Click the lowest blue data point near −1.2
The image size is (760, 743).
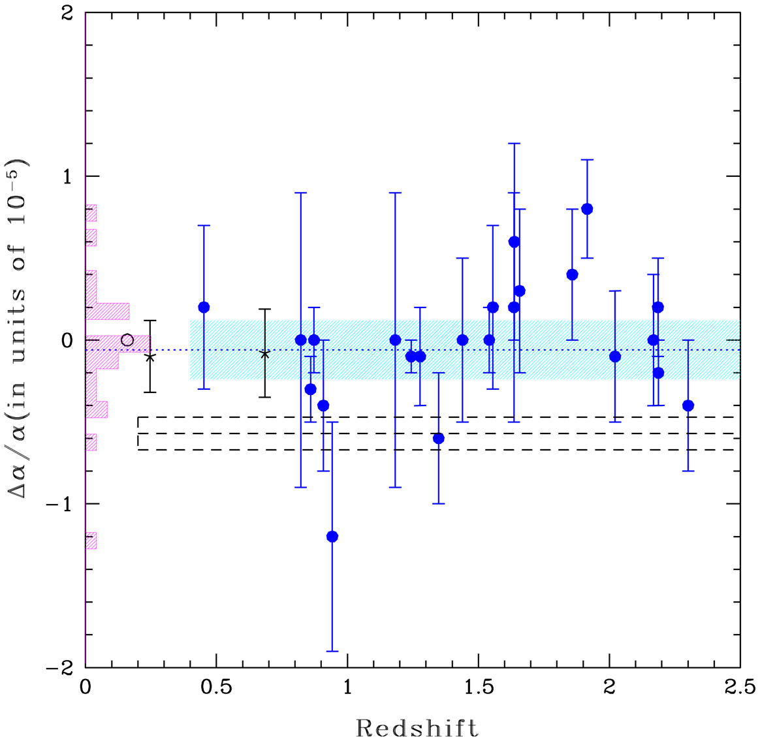(x=332, y=537)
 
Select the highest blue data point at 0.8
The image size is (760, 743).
(x=587, y=209)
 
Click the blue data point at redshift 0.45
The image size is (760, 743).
(x=204, y=307)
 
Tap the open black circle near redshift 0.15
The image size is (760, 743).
(x=127, y=340)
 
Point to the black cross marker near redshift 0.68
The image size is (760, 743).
(x=265, y=353)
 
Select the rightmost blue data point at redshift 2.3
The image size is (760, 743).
(x=688, y=405)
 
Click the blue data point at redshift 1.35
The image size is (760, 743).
(x=439, y=438)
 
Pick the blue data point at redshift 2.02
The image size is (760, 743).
(x=614, y=356)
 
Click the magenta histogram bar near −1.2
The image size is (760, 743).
(x=91, y=540)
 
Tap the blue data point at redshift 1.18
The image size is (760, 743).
(x=395, y=340)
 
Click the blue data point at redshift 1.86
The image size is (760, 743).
(x=573, y=274)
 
